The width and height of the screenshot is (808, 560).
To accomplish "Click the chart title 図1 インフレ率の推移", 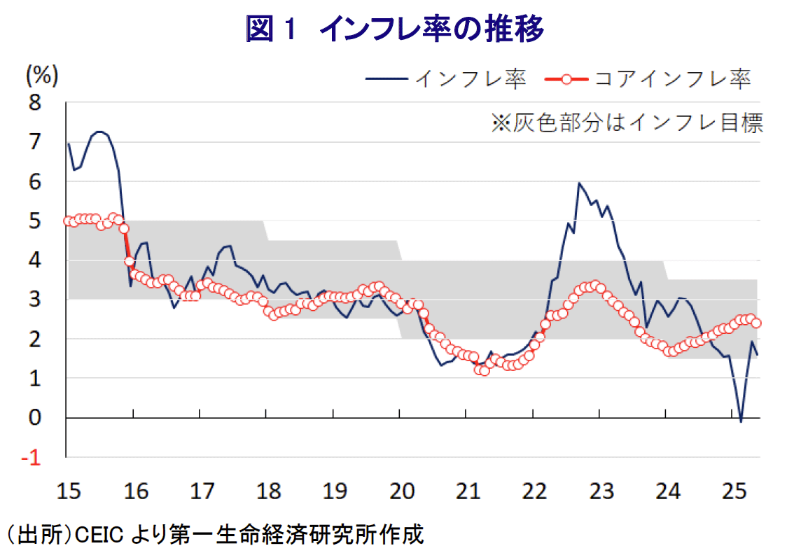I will coord(394,29).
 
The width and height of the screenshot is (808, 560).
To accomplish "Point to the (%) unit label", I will coord(42,73).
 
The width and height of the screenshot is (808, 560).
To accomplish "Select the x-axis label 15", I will coord(67,491).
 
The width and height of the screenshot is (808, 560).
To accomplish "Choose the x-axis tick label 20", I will coord(400,491).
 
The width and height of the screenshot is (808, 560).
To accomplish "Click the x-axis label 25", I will coord(734,491).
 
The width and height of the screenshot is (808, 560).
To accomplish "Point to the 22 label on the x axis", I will coord(534,491).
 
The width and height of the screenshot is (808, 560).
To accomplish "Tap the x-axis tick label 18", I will coord(267,491).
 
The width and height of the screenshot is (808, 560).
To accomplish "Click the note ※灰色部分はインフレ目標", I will coord(627,123).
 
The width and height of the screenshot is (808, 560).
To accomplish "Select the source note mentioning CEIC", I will coord(216,537).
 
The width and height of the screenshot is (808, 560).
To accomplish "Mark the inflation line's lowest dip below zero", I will coord(741,421).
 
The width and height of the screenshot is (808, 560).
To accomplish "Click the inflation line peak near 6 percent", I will coord(579,183).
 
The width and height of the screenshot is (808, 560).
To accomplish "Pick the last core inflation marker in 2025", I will coord(756,323).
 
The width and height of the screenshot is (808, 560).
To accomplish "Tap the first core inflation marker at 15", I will coord(68,221).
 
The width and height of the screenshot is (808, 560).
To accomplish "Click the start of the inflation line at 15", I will coord(68,143).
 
